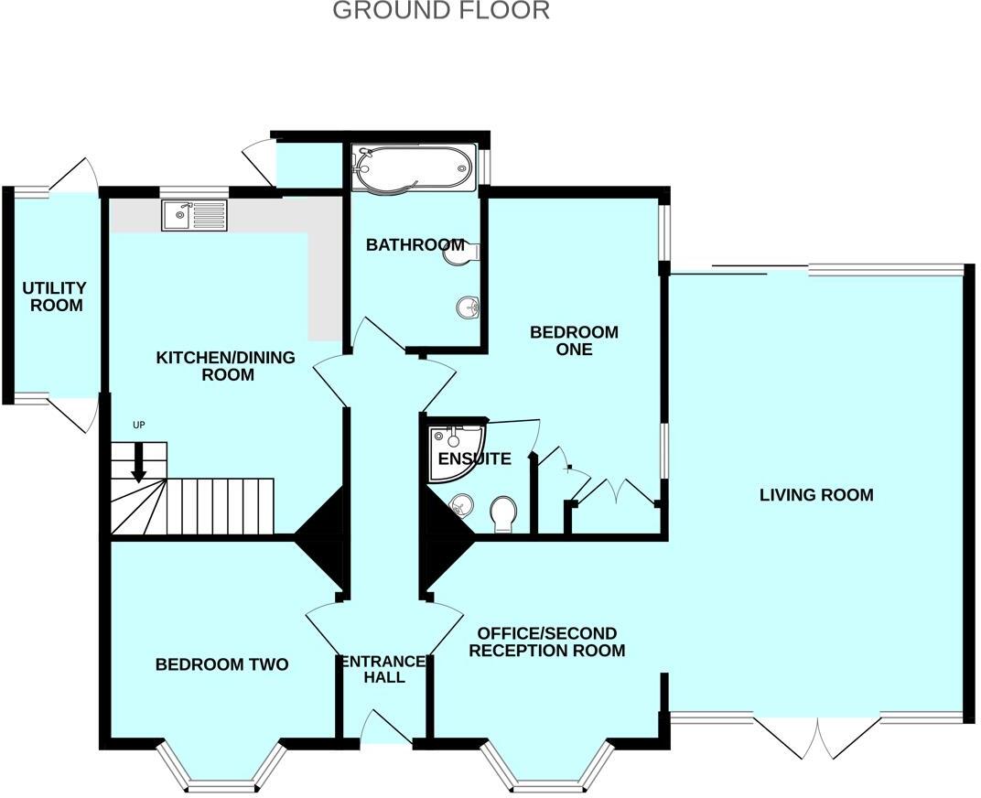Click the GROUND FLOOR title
pos(440,11)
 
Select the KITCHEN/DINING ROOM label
pos(225,365)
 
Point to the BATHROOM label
pos(415,244)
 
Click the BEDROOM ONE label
pos(574,340)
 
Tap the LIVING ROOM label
pos(816,495)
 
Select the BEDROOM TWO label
pos(221,664)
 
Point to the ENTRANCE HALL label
pos(383,669)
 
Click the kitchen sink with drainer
pos(195,216)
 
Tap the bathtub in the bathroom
pos(414,167)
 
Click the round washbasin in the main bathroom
pos(469,307)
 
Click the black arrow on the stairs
pos(138,462)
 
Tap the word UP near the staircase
pos(139,425)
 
